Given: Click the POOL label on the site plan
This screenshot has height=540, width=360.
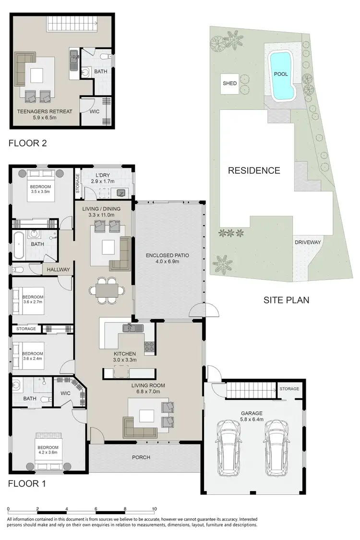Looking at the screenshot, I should (x=280, y=74).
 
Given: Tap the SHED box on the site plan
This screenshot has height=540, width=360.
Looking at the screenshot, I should (x=229, y=83).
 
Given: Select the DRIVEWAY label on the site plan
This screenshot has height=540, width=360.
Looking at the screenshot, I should (x=308, y=242).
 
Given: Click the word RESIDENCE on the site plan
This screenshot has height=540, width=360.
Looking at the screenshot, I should (x=254, y=170).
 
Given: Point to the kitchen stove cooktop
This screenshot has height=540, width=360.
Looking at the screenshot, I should (x=148, y=346).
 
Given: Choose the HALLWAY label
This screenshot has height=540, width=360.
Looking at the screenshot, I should (x=59, y=270).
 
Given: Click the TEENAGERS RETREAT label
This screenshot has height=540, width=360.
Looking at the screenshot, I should (x=45, y=111).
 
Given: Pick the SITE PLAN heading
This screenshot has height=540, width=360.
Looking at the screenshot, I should (x=286, y=300).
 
